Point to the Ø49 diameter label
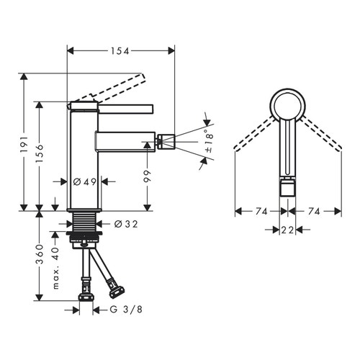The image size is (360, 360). [85, 183]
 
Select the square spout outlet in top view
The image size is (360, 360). [288, 189]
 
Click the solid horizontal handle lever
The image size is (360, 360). [130, 109]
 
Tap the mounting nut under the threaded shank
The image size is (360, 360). [85, 235]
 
